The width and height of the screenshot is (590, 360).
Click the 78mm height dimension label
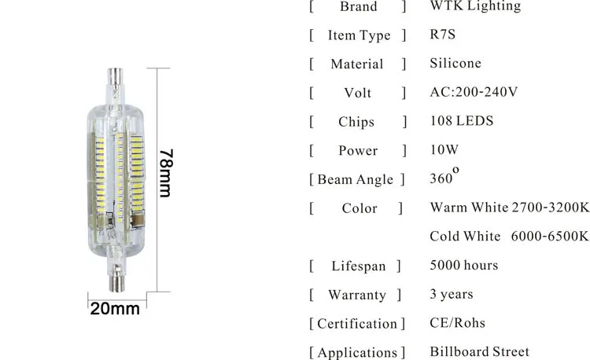click(165, 173)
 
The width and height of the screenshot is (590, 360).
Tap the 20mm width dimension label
click(115, 309)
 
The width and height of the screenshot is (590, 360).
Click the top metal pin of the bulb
click(115, 77)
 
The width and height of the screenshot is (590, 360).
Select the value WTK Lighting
click(476, 6)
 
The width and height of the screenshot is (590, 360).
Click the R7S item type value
click(442, 35)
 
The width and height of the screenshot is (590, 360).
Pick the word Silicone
click(455, 63)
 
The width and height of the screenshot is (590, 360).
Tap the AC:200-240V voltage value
click(474, 92)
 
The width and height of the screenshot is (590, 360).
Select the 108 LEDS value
click(461, 120)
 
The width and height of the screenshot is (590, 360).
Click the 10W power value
click(444, 149)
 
